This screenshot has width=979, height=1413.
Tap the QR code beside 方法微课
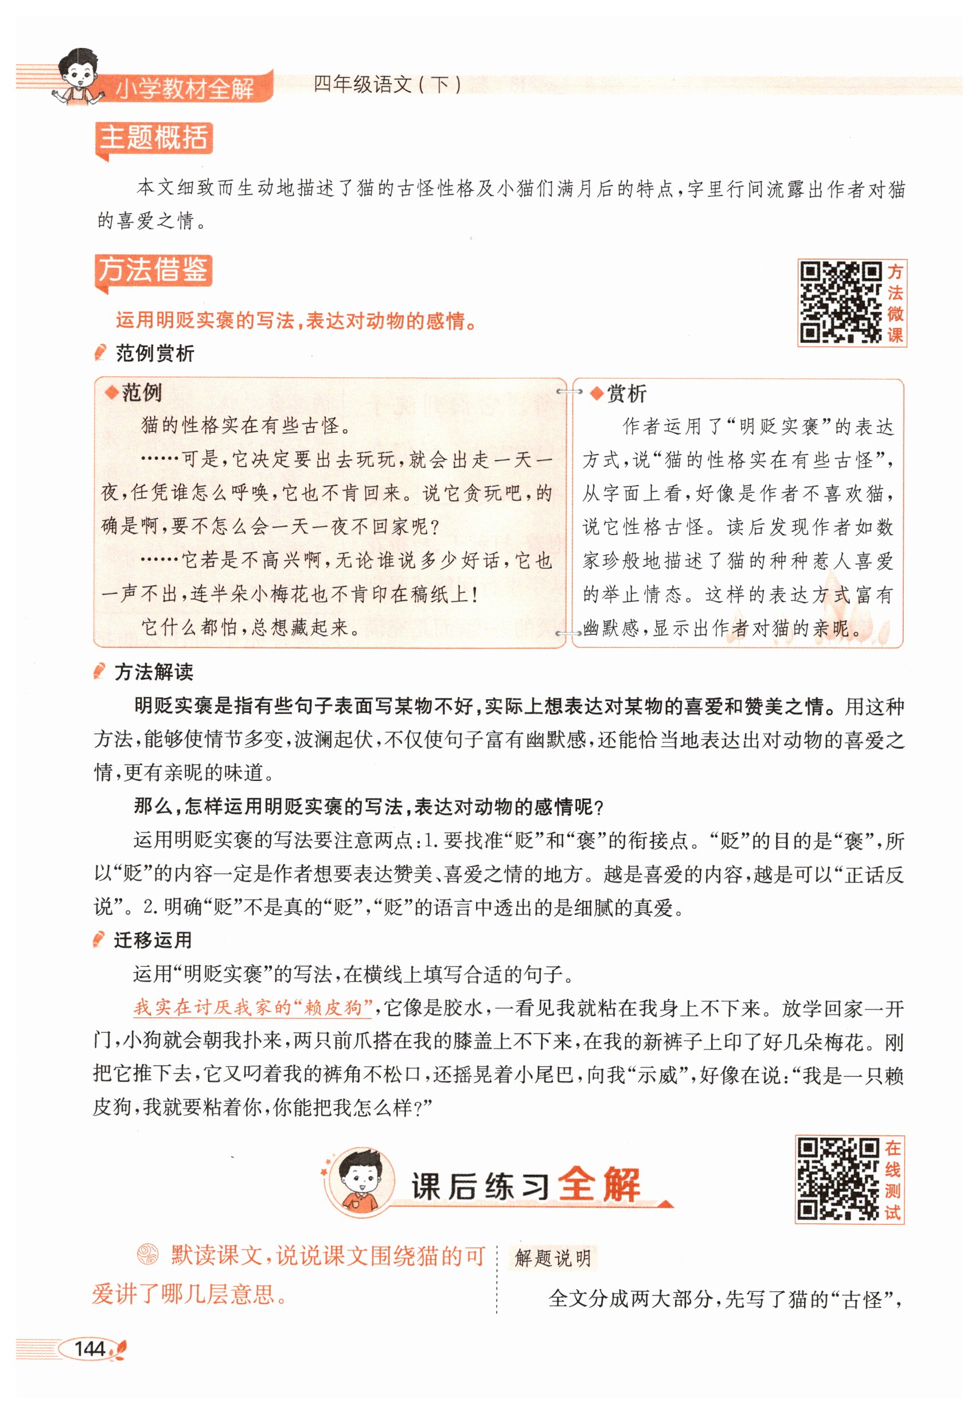(x=840, y=302)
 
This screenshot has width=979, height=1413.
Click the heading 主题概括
(x=153, y=138)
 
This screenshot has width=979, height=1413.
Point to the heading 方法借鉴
(x=153, y=270)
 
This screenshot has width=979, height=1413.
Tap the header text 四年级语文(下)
(x=387, y=84)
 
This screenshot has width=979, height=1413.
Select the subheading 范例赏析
(x=155, y=353)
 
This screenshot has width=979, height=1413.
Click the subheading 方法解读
(x=154, y=672)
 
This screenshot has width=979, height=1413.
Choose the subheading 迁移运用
(x=153, y=940)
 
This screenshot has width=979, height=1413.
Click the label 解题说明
(x=553, y=1258)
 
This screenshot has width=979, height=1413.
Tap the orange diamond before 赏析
(x=596, y=394)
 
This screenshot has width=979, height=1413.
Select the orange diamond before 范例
(x=111, y=392)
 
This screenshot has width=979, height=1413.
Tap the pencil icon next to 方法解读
(x=99, y=672)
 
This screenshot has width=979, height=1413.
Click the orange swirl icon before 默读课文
(x=147, y=1254)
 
